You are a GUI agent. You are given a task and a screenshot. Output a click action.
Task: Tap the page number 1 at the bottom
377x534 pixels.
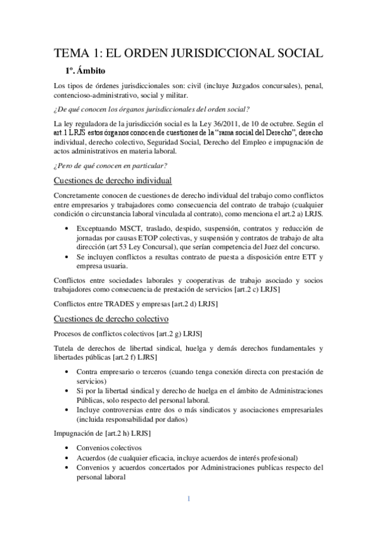point(188,499)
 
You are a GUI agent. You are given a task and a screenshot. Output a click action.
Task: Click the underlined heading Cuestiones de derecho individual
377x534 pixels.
point(111,181)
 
